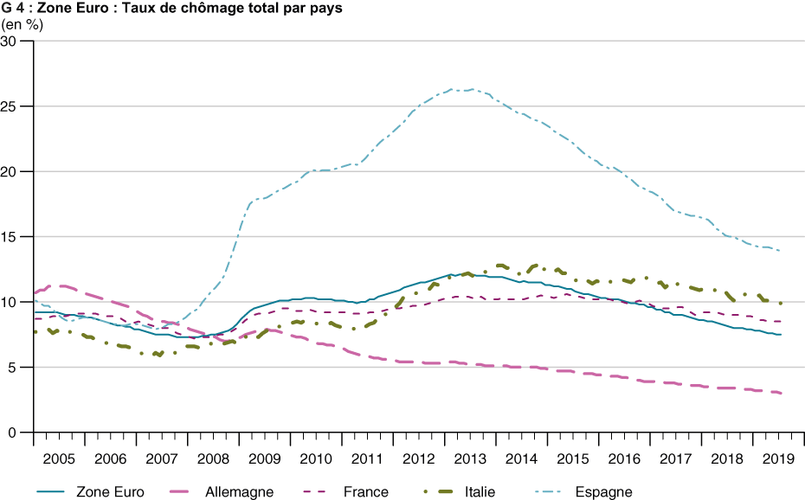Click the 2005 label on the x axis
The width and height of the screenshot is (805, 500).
point(59,458)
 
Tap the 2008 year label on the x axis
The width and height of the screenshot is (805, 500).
point(213,458)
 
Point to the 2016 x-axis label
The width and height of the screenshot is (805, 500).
point(624,458)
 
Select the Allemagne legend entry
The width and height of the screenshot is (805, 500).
point(239,492)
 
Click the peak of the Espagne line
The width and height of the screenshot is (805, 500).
point(453,89)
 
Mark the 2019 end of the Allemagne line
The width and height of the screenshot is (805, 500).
point(781,393)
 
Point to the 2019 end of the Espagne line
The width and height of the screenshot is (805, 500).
point(781,251)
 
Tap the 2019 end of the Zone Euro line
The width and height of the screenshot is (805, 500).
point(781,335)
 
